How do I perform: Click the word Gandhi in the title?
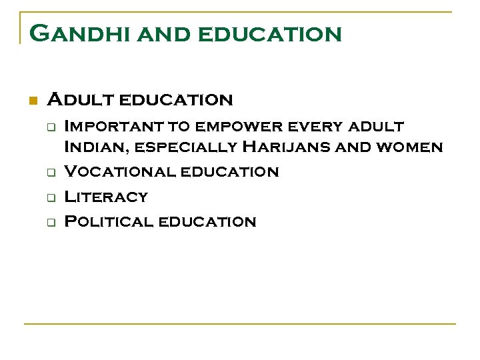click(x=73, y=33)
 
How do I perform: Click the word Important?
click(x=111, y=126)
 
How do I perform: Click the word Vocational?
click(x=119, y=171)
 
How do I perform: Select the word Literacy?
click(x=105, y=197)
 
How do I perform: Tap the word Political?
click(x=108, y=222)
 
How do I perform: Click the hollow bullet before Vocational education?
click(x=49, y=172)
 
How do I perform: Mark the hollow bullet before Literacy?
click(x=49, y=197)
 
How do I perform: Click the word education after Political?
click(x=207, y=222)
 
